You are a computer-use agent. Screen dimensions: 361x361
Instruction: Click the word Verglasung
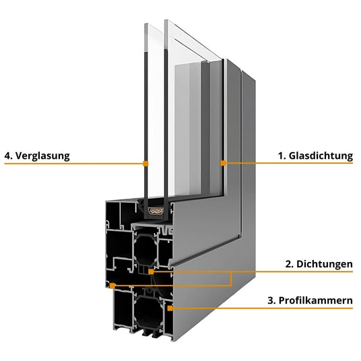point(42,156)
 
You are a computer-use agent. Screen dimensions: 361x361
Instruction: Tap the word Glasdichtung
point(321,156)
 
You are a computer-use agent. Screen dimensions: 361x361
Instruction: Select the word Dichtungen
point(325,264)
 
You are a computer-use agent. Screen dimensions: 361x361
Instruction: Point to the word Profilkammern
point(316,300)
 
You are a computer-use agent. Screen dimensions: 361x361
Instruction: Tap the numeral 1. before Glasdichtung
point(282,156)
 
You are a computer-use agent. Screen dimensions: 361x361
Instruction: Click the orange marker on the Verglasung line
point(145,164)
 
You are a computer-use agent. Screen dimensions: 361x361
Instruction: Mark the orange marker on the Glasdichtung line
point(223,163)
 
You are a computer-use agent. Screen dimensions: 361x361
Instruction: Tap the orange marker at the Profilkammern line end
point(170,308)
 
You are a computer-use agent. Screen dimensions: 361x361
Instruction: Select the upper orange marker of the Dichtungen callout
point(151,272)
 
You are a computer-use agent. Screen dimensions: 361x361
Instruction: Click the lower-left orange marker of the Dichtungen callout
point(112,286)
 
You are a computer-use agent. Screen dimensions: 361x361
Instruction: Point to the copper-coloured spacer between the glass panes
point(156,211)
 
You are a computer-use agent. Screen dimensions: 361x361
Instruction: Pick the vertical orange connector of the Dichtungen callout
point(231,279)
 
